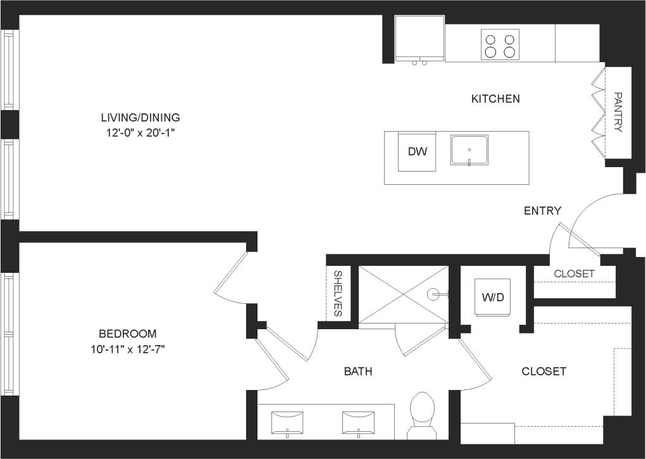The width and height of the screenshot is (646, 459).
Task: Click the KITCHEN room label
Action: (495, 99)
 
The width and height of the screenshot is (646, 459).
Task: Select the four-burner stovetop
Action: (499, 45)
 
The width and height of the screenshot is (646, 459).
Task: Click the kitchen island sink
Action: (469, 150)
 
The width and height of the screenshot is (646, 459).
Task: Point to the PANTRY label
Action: (618, 112)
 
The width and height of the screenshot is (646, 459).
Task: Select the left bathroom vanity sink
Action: (287, 422)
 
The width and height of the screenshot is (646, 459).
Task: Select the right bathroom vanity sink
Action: (359, 422)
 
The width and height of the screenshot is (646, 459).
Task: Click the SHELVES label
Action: (338, 293)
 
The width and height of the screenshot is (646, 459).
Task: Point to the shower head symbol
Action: (434, 294)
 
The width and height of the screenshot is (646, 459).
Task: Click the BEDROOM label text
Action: (127, 334)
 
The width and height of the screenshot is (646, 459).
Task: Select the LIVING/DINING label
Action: (140, 118)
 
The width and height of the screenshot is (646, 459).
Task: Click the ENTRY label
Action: (542, 211)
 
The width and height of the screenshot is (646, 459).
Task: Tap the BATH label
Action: (358, 372)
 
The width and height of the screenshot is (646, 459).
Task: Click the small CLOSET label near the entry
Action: (574, 274)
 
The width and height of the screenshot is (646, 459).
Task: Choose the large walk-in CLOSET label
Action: (544, 372)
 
